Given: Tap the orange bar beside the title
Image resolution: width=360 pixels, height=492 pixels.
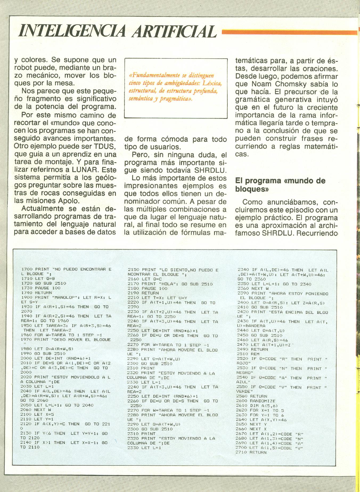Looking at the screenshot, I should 289,32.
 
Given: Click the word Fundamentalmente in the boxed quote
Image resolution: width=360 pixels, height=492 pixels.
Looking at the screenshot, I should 153,75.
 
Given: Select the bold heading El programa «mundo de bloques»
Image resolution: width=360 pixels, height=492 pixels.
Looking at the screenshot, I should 280,184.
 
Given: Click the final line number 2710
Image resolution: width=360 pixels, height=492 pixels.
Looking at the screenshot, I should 241,452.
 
